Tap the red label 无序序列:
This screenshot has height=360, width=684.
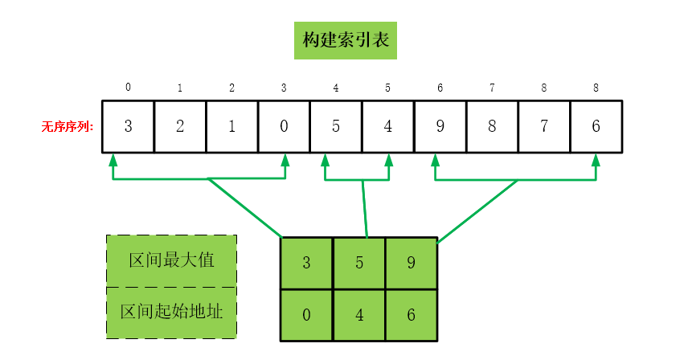68,127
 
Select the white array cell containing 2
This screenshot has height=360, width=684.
180,126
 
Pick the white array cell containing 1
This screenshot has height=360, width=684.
231,126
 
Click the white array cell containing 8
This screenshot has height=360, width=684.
492,126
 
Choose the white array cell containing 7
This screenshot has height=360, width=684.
543,126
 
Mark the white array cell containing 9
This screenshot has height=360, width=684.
440,126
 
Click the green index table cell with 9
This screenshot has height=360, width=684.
411,263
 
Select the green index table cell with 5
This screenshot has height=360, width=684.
358,263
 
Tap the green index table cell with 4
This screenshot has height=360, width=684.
358,314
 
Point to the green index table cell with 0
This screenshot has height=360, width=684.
306,314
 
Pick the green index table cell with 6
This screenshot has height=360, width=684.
411,314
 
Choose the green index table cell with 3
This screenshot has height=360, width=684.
306,263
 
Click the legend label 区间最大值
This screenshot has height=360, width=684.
171,261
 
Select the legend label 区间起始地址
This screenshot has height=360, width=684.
171,312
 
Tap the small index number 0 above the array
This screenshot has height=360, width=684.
129,88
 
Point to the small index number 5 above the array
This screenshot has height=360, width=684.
388,88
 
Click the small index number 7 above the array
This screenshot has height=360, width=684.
492,88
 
